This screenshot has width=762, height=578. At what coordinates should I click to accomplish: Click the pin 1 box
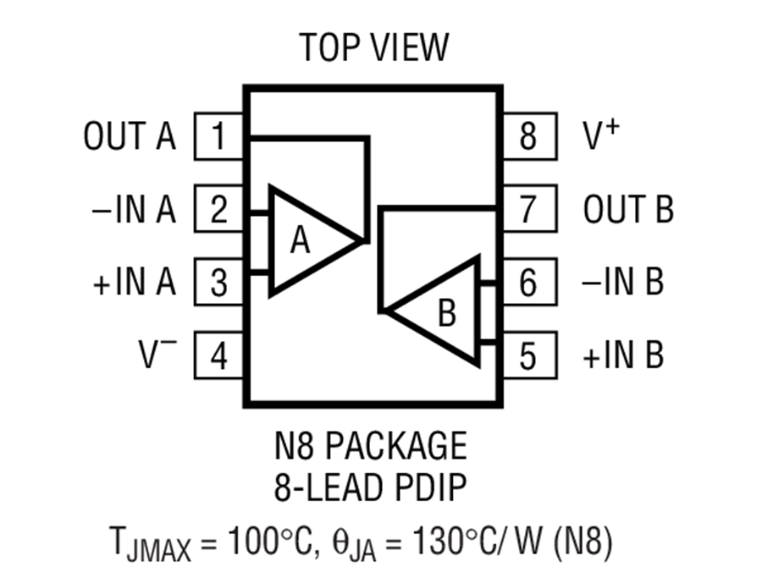click(219, 136)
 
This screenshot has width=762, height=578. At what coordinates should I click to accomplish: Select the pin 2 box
click(219, 209)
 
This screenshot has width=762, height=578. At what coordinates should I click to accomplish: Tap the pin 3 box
click(219, 282)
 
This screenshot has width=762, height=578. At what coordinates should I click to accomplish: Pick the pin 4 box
click(219, 355)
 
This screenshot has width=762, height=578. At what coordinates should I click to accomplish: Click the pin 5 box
click(527, 355)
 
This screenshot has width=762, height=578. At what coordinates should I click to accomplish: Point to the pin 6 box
click(527, 282)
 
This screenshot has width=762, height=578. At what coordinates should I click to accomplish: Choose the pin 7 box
click(527, 209)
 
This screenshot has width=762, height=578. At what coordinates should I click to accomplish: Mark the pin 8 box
click(527, 136)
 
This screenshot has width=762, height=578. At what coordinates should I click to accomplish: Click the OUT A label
click(130, 136)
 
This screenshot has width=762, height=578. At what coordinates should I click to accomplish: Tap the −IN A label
click(133, 209)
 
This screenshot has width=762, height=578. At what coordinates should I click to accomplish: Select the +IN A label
click(133, 282)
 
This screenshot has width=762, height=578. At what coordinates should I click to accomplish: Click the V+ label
click(601, 135)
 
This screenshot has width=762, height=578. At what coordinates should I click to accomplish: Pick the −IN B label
click(623, 282)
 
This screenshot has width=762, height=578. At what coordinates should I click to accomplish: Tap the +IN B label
click(623, 355)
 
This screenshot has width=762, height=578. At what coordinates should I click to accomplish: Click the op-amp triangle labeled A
click(305, 241)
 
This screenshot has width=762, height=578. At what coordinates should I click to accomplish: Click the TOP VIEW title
click(373, 48)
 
